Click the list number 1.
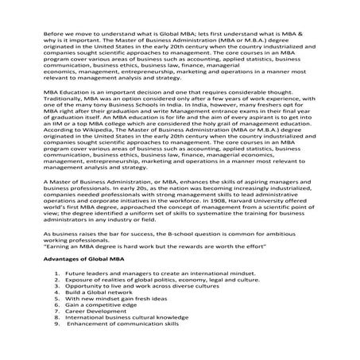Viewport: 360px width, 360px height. (x=57, y=272)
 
